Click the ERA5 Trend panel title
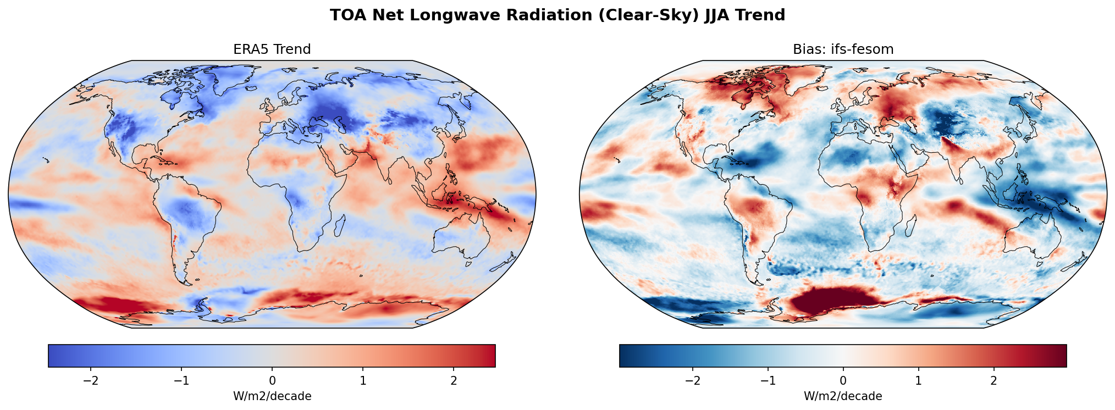(272, 49)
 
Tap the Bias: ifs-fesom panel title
(843, 49)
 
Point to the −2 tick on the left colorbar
(91, 381)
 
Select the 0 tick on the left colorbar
(272, 381)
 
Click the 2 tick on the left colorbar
(454, 381)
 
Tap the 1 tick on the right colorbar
(918, 381)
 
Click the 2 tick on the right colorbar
(993, 381)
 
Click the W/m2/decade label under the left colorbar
(272, 396)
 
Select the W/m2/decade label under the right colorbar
(843, 396)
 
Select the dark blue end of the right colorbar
(624, 356)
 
